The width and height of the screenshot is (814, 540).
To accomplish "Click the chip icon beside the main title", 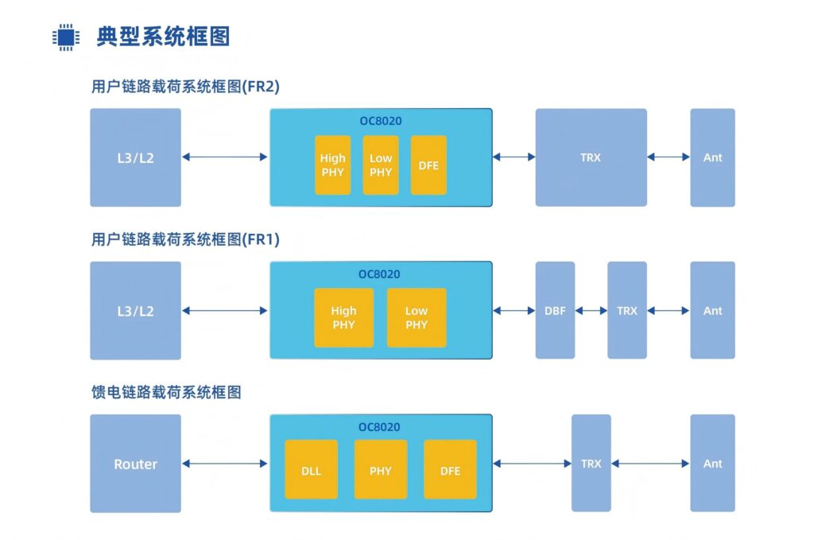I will coord(66,37).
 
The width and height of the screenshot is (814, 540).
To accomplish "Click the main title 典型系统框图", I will coord(163,37).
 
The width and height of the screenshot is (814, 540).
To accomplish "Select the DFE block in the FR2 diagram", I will coord(428,165).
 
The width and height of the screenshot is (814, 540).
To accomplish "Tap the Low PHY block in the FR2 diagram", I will coord(381,165).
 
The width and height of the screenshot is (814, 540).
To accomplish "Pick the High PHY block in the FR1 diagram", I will coord(343,317).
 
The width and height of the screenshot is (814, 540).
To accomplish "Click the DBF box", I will coord(555,310).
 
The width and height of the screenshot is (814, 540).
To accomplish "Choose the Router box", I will coord(135,464).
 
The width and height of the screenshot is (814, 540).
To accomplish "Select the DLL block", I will coord(311,470).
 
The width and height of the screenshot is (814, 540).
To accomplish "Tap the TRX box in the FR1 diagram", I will coord(627,310).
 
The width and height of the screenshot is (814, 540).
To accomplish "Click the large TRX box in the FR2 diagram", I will coord(591,157).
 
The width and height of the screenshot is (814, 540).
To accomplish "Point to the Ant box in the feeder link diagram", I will coord(712,463).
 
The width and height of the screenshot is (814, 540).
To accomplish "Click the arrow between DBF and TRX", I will coord(591,311).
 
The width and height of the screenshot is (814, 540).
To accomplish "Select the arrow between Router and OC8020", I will coord(225,464).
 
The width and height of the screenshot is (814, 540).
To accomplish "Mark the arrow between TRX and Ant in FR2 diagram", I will coord(668,157).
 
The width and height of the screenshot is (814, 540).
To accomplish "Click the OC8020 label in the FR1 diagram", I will coord(379,274).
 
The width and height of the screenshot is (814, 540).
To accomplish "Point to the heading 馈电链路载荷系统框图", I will coord(166,392).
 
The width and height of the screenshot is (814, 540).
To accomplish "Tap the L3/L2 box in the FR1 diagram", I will coord(135,311).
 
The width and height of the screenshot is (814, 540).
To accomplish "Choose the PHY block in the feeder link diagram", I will coord(380,470).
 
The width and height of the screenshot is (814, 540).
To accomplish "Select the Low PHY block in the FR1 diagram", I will coord(417,317).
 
